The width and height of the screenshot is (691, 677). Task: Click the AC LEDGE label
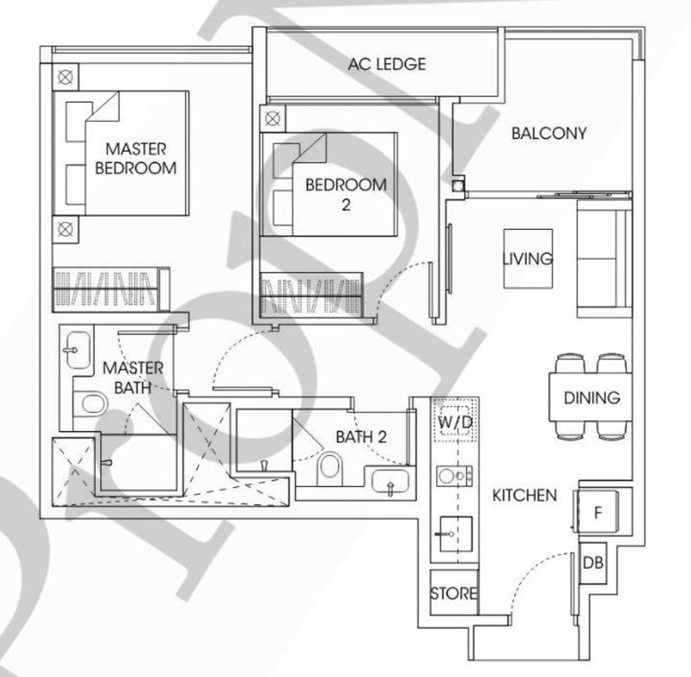coord(387,64)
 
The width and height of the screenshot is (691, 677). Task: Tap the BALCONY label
coord(549,133)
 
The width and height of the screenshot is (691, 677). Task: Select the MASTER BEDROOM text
coord(136,158)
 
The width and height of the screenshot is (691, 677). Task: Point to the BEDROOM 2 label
coord(346,194)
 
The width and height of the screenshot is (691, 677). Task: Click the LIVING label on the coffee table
coord(528,258)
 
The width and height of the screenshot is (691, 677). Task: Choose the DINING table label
coord(592,398)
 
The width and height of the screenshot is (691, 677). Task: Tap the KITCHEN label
coord(524,496)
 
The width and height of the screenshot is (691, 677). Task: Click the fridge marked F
coord(596,511)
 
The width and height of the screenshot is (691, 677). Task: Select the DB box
coord(593,563)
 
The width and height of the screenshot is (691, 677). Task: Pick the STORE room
coord(454,592)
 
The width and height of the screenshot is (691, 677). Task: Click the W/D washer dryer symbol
coord(456,421)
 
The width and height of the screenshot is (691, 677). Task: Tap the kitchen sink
coord(456,534)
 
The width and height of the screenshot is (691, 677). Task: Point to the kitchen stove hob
coord(455,476)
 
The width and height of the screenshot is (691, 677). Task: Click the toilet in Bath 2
coord(331,467)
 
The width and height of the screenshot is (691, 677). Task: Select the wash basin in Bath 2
coord(390,481)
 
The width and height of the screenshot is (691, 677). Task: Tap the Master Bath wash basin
coord(78,350)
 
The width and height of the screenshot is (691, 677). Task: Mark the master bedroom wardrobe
coord(111,289)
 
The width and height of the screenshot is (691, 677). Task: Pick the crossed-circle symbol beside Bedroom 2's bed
coord(272,118)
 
